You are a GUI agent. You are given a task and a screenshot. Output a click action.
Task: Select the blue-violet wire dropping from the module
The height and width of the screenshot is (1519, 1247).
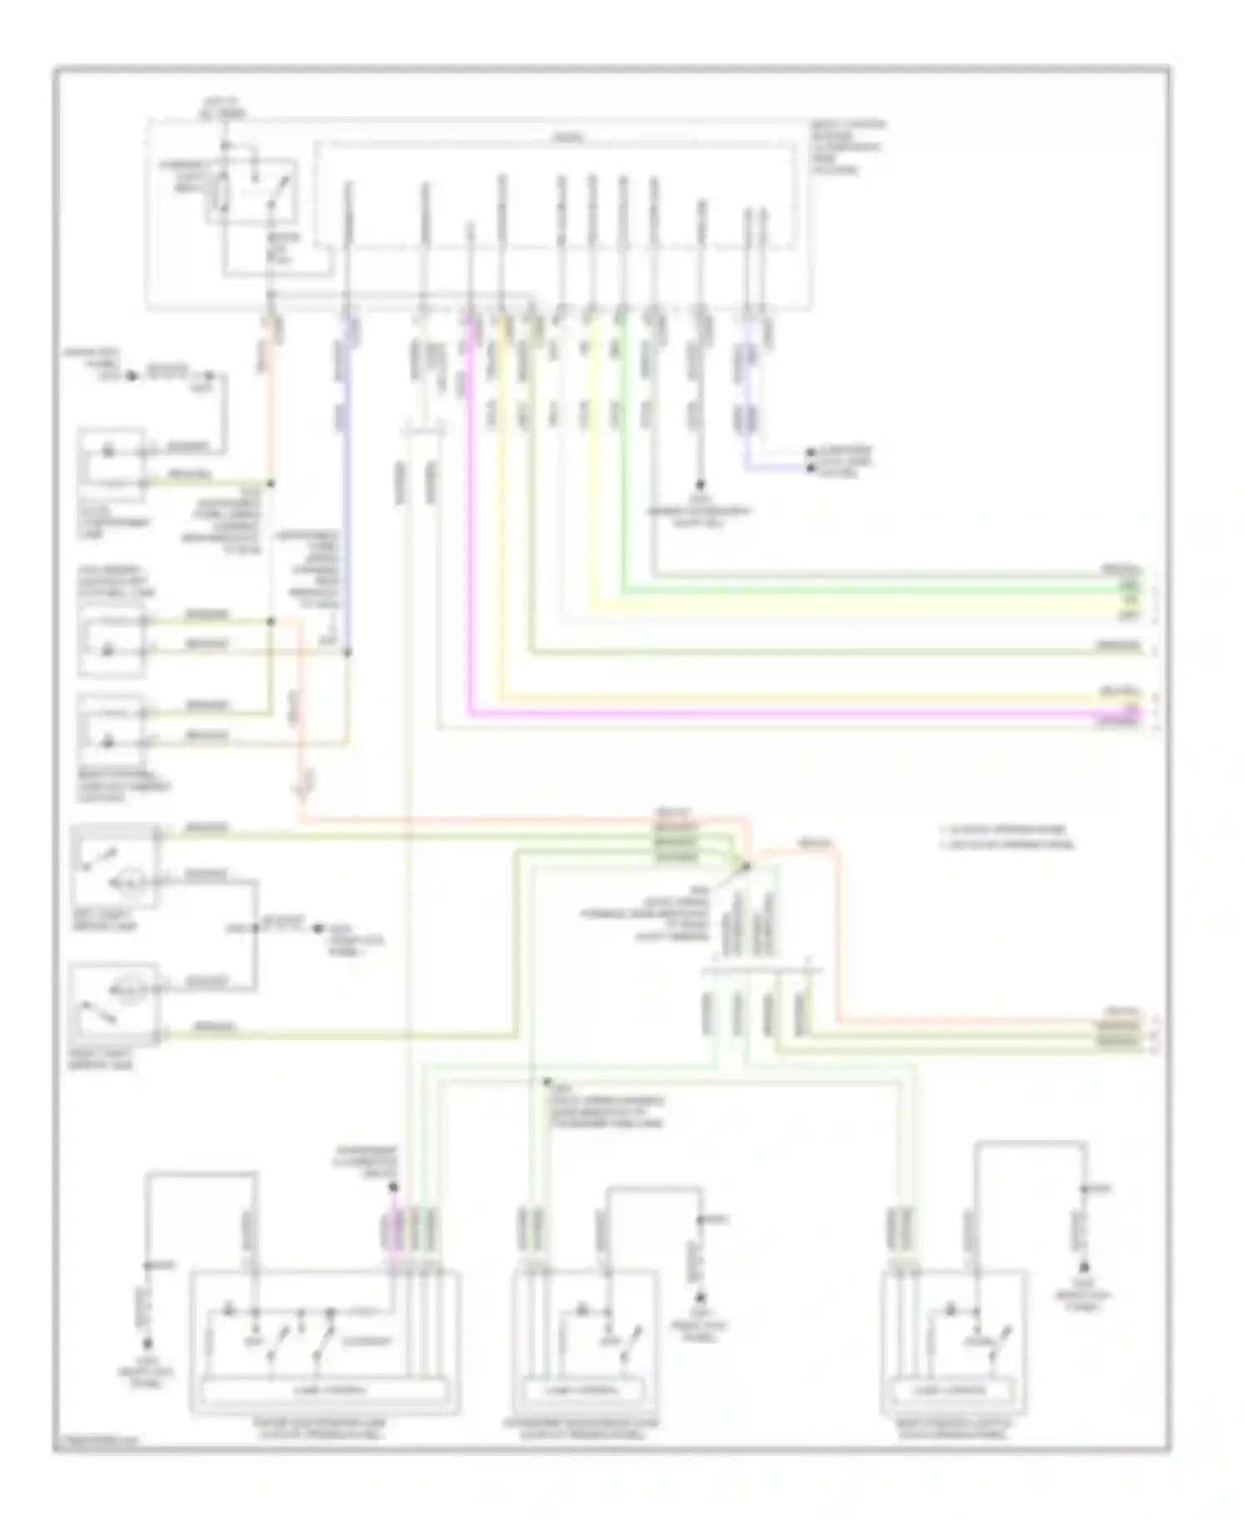(347, 499)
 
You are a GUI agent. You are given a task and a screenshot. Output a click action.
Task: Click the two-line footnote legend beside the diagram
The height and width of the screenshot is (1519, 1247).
(1006, 837)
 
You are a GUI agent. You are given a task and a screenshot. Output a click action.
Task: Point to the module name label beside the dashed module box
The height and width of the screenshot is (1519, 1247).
(847, 147)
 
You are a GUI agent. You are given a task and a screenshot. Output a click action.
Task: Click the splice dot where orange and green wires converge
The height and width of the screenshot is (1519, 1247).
(746, 866)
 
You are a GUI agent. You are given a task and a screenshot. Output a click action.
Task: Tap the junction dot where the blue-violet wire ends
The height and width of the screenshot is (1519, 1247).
(347, 652)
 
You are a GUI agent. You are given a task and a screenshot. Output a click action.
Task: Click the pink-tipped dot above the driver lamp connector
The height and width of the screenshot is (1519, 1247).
(394, 1187)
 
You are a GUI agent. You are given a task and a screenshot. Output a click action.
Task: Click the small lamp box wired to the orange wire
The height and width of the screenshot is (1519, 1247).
(111, 465)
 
